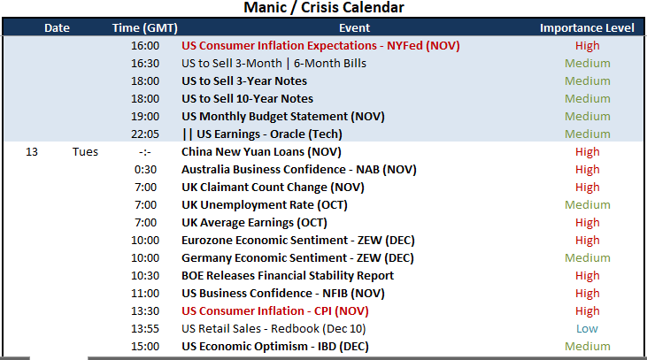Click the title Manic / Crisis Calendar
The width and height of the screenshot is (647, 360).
tap(324, 7)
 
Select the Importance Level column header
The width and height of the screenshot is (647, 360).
tap(587, 27)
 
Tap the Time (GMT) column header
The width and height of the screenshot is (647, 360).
tap(145, 27)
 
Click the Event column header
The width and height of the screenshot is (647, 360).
tap(354, 27)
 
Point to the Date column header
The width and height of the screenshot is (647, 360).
tap(57, 27)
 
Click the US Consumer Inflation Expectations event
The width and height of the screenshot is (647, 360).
tap(320, 45)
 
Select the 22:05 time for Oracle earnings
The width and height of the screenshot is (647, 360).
tap(145, 134)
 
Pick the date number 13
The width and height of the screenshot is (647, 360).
tap(32, 152)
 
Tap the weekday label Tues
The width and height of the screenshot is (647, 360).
tap(86, 152)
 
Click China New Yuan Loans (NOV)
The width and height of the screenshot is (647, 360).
tap(261, 152)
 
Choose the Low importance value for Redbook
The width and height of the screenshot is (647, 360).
tap(587, 329)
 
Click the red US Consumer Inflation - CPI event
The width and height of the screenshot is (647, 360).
tap(274, 311)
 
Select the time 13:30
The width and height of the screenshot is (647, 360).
tap(145, 311)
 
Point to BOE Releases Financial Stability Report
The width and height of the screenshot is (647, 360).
tap(288, 275)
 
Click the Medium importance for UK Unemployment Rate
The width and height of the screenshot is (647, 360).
tap(587, 205)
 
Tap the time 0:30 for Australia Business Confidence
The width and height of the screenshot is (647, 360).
tap(146, 170)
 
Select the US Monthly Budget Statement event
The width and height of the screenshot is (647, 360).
tap(283, 116)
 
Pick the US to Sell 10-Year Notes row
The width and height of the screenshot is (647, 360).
tap(247, 98)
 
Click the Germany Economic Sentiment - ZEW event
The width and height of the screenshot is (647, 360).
tap(297, 257)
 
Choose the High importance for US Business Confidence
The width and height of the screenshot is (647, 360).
tap(587, 293)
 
